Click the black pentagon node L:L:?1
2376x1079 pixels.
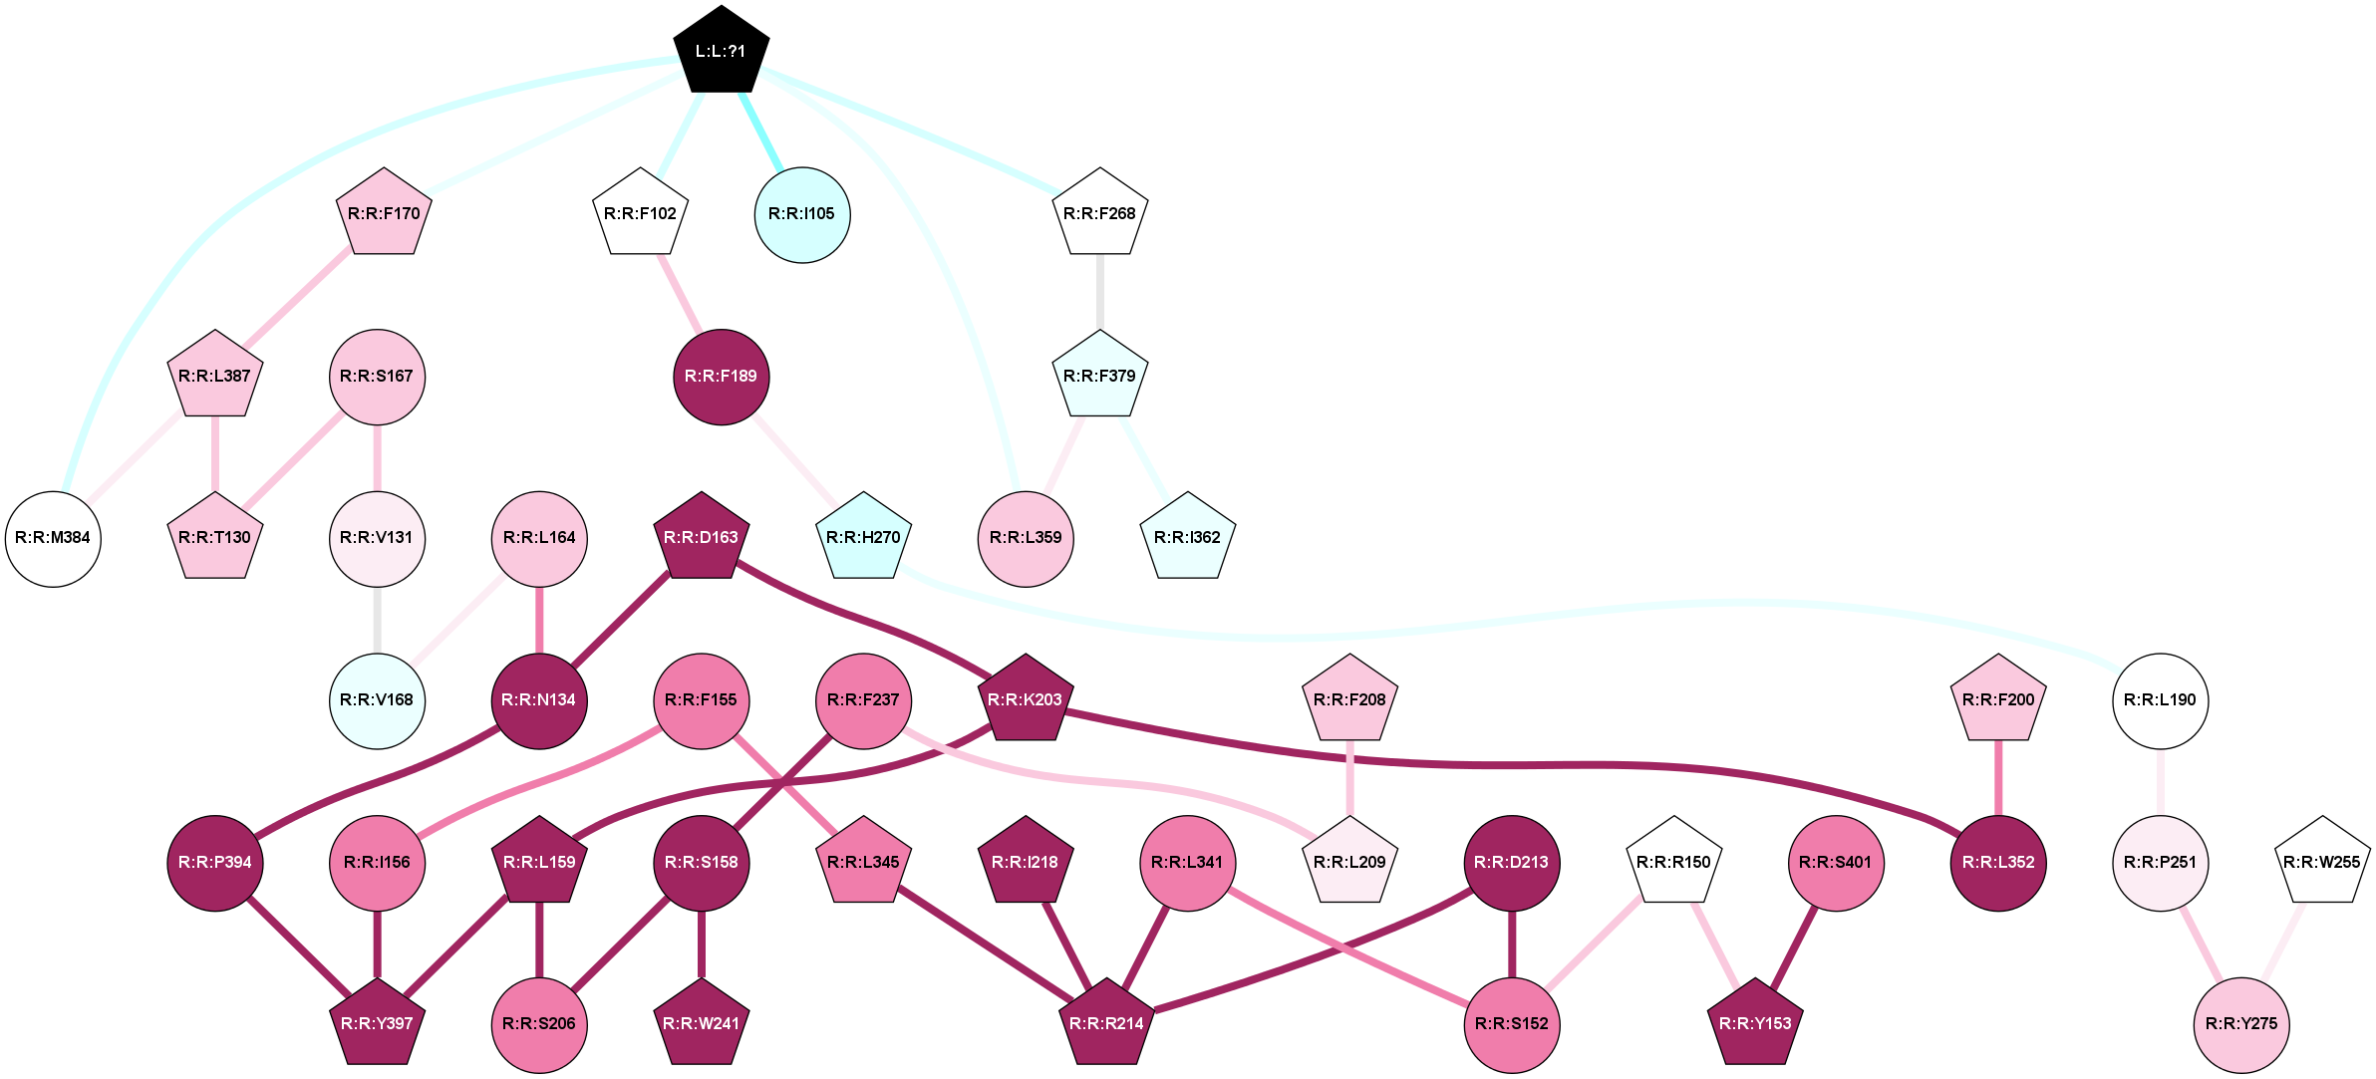[721, 51]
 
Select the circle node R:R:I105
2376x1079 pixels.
[802, 214]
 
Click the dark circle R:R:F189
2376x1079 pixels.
[721, 377]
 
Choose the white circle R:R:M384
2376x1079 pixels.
[53, 538]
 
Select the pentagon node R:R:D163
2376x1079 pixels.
[702, 538]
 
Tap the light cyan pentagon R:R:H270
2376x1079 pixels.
[863, 538]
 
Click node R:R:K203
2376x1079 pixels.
[1025, 700]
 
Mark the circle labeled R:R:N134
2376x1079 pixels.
[539, 700]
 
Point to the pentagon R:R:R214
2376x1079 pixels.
[1106, 1024]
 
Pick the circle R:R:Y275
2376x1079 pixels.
[2241, 1024]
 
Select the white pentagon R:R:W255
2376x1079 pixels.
[2322, 863]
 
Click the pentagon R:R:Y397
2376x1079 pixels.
[377, 1024]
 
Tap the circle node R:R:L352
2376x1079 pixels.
[1998, 863]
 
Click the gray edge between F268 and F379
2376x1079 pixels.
[1099, 292]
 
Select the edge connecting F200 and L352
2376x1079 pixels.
[1998, 778]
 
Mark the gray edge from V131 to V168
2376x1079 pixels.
[377, 620]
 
